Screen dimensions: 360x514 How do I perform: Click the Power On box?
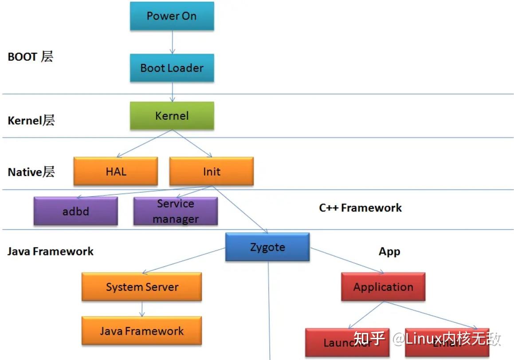click(172, 16)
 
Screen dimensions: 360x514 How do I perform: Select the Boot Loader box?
click(172, 68)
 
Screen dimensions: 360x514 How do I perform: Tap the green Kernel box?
click(172, 116)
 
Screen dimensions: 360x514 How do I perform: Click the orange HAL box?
click(115, 171)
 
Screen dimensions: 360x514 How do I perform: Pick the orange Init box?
click(211, 171)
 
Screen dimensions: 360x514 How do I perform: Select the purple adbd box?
click(75, 211)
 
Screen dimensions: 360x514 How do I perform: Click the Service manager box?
click(175, 211)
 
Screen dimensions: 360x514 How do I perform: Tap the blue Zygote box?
click(267, 247)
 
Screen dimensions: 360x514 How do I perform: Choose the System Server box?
click(141, 287)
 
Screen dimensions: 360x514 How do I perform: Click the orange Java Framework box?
click(141, 331)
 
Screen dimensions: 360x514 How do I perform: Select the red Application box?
click(383, 287)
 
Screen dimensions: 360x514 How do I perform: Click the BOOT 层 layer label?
click(30, 57)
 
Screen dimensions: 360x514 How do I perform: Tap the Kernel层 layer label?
click(31, 120)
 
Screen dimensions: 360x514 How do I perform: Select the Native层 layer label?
click(31, 172)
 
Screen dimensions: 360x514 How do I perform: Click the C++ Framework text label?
click(360, 207)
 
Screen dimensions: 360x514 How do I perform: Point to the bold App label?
click(389, 251)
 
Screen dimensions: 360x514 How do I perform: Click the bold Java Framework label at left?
click(51, 251)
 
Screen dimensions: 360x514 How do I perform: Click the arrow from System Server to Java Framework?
click(142, 309)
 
